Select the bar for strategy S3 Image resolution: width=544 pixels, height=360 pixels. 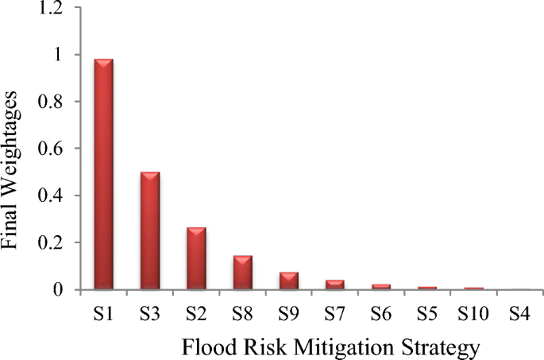pos(150,230)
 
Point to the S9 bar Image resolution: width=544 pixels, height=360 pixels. pos(288,280)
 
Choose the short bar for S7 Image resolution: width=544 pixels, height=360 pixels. pos(334,284)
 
